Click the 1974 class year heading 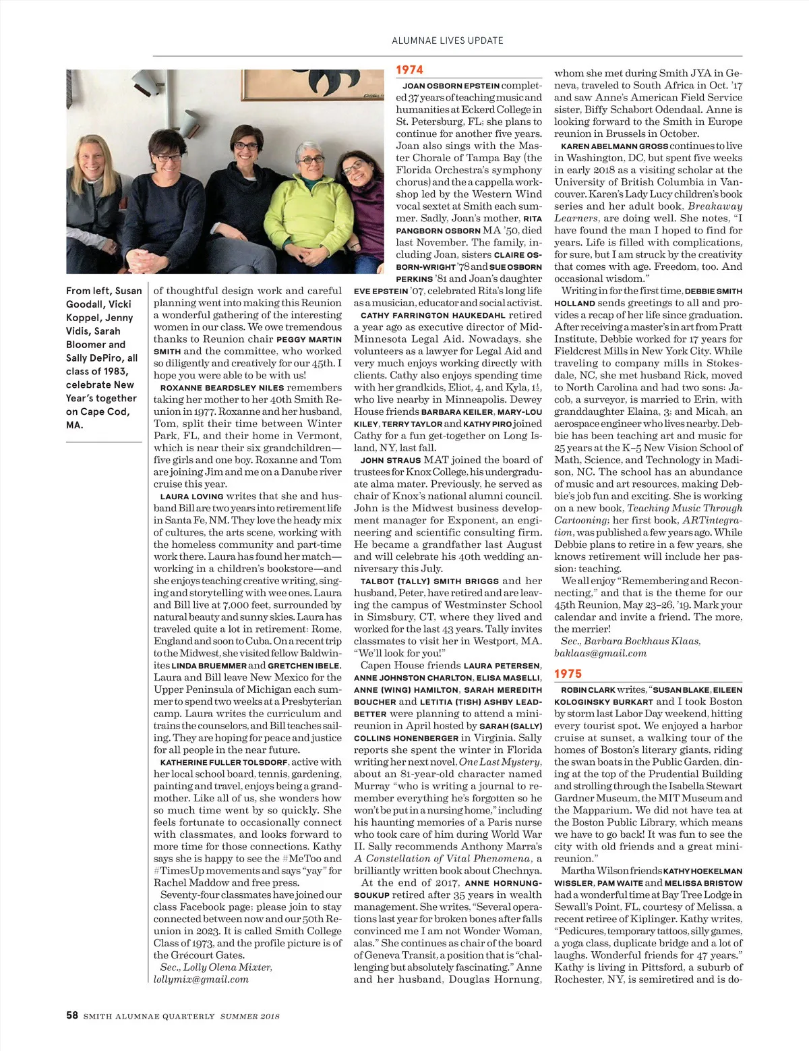click(x=410, y=69)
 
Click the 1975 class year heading click(x=568, y=673)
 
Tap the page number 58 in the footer click(x=72, y=1016)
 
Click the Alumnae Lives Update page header click(x=447, y=40)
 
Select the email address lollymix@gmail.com click(x=201, y=979)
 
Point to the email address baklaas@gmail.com click(x=600, y=653)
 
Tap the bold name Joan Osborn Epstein click(x=451, y=86)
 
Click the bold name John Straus click(x=382, y=461)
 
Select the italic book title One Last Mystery click(x=500, y=762)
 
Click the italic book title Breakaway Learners click(x=647, y=212)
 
